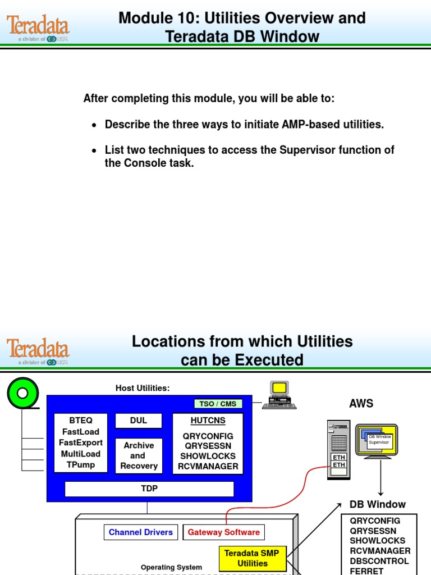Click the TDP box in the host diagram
click(x=149, y=489)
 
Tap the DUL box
click(x=138, y=421)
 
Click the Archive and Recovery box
click(x=139, y=455)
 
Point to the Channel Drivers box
click(x=140, y=532)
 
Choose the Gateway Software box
click(x=223, y=532)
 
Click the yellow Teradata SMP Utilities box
click(x=252, y=558)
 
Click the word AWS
click(x=361, y=404)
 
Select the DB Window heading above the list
click(x=377, y=504)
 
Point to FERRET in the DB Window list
click(x=366, y=571)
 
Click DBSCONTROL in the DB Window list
click(x=379, y=561)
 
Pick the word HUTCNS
click(x=208, y=420)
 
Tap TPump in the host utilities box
click(x=81, y=465)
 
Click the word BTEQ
click(x=81, y=421)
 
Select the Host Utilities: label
click(x=143, y=388)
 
